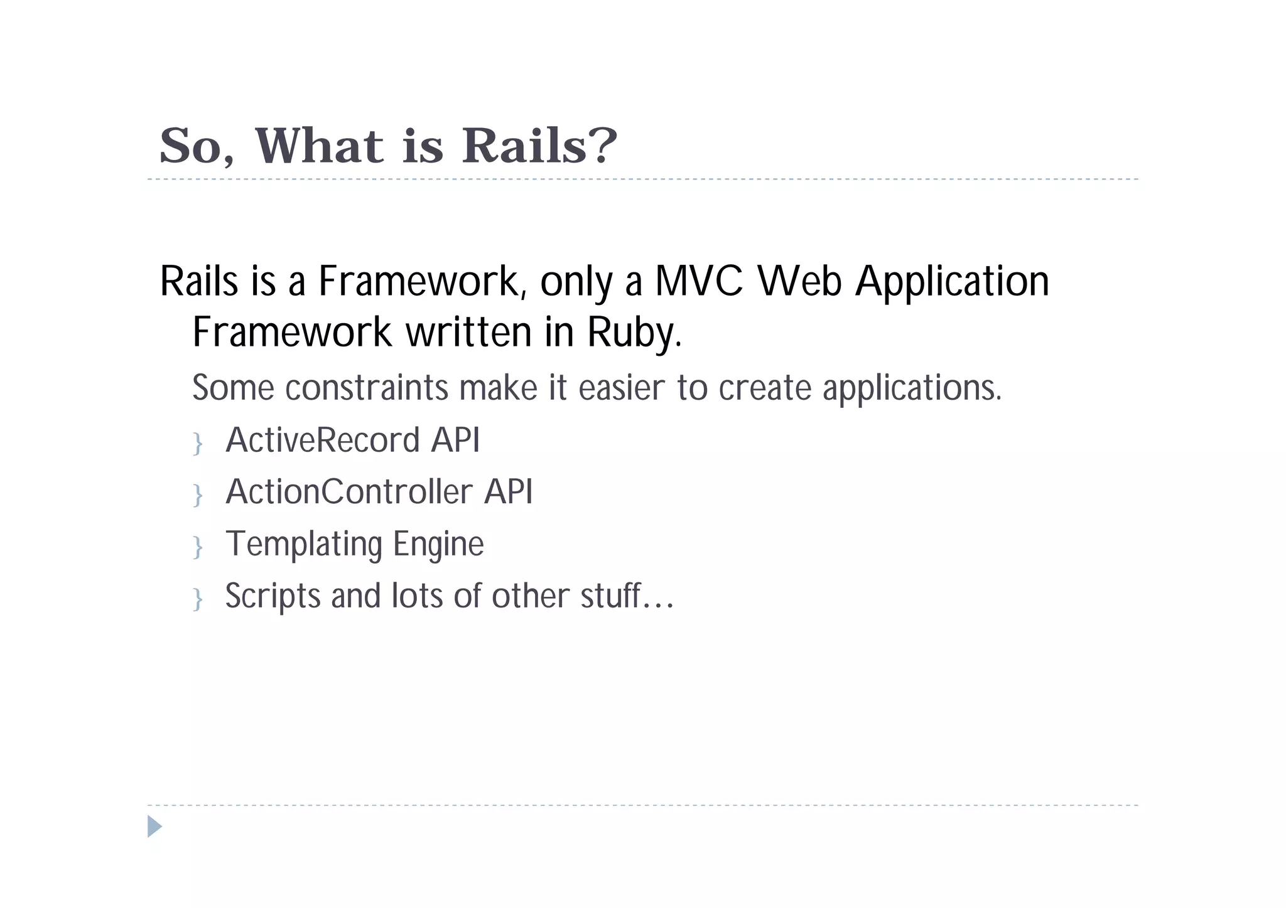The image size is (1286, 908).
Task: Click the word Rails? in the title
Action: point(539,146)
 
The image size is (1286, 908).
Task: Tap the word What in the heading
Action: point(318,146)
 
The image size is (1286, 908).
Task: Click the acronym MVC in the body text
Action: point(698,281)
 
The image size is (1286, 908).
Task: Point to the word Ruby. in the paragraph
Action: point(634,333)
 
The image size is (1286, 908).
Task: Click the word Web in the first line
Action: point(799,281)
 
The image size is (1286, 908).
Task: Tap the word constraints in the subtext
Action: point(367,388)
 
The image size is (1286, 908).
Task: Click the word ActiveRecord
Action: point(322,440)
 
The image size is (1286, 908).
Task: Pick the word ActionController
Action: point(349,491)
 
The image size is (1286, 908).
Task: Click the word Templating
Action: point(303,544)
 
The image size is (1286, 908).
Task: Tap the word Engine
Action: point(438,544)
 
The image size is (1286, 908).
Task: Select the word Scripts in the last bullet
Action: point(273,596)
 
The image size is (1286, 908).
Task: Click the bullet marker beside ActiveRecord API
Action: point(198,444)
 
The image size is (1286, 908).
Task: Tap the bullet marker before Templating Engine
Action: point(198,547)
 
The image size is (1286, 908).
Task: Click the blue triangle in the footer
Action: point(154,826)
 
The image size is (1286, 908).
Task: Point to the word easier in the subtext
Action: point(621,388)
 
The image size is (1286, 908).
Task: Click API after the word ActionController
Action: point(508,491)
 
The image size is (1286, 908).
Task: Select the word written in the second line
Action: point(468,333)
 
